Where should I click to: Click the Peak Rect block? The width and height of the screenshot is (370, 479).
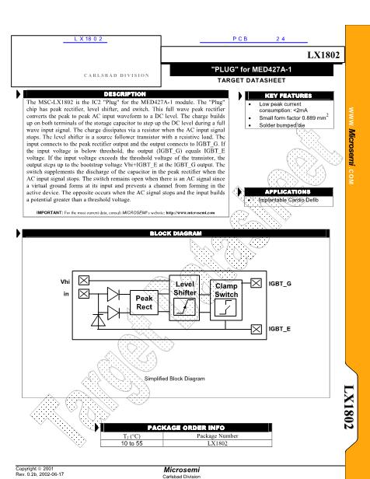point(145,302)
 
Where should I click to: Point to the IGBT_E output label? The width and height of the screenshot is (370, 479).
point(281,330)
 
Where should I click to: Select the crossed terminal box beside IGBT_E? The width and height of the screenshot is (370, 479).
point(257,330)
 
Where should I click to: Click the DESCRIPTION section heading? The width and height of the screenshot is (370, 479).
point(128,94)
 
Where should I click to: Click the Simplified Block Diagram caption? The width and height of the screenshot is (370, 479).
point(175,379)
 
